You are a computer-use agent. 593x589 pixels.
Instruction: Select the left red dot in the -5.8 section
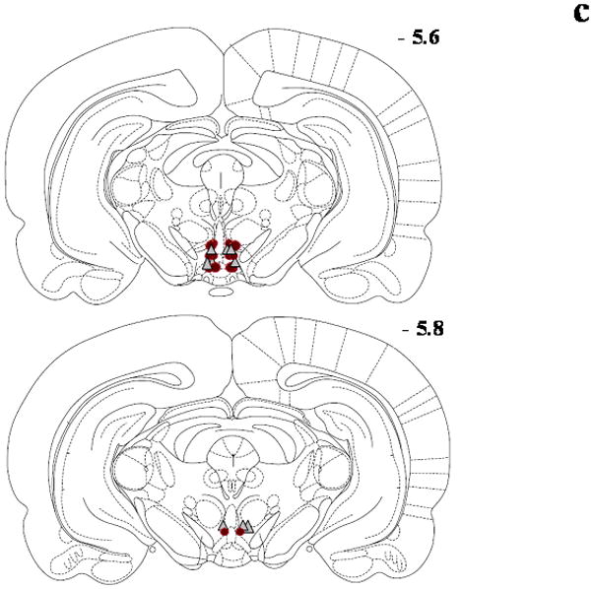click(224, 531)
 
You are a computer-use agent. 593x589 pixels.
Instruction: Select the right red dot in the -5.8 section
click(240, 532)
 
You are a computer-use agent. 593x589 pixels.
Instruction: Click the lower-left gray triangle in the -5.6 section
click(208, 264)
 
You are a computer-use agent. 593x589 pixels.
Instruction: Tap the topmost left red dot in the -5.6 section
click(212, 243)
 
